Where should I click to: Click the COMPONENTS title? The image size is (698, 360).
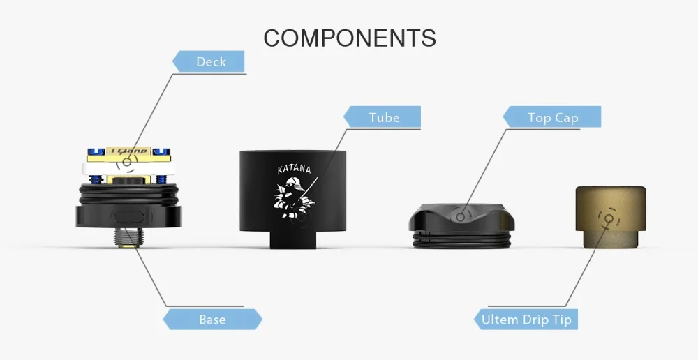coord(350,38)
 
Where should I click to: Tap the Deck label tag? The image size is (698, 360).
coord(208,61)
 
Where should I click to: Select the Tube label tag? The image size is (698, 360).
coord(382,117)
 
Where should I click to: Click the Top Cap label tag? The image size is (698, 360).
coord(552,117)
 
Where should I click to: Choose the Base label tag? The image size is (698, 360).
coord(212,319)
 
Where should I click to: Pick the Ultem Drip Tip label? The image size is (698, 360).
coord(526,319)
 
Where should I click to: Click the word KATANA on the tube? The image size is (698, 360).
coord(295,169)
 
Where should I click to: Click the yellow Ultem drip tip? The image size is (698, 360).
coord(610,217)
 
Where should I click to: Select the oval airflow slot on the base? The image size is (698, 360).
coord(126,218)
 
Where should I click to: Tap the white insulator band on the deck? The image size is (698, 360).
coord(128,168)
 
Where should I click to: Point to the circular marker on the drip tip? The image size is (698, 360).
coord(609,218)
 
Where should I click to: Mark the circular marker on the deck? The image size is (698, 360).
coord(126,162)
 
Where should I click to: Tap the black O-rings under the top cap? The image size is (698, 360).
coord(461,240)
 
